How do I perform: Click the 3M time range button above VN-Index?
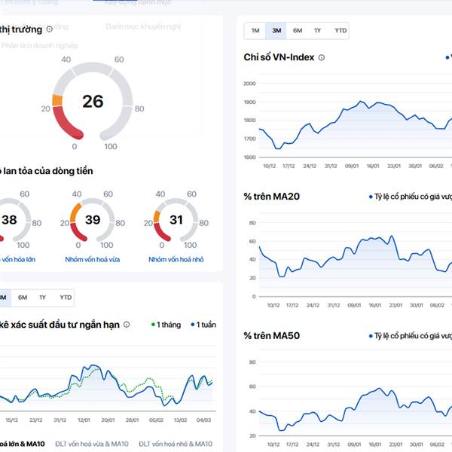[276, 31]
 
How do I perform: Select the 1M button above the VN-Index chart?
[255, 31]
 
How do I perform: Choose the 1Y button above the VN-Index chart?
[318, 31]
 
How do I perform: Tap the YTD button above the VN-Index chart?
[341, 31]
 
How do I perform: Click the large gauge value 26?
[93, 101]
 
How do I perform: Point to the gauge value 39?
[93, 220]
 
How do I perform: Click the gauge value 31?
[176, 220]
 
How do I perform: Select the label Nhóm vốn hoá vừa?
[93, 259]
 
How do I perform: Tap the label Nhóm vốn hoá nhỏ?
[176, 259]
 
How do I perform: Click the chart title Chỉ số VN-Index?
[279, 57]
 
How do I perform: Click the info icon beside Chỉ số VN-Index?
[322, 57]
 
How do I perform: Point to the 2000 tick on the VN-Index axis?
[249, 84]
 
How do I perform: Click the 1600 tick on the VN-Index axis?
[249, 157]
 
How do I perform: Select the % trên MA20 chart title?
[271, 197]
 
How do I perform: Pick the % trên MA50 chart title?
[271, 335]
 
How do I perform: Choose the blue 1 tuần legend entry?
[203, 325]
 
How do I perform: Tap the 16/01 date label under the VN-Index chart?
[373, 166]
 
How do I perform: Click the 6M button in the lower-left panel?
[23, 298]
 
